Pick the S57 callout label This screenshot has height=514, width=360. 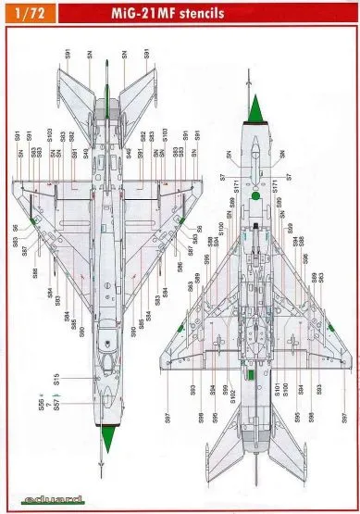pos(56,405)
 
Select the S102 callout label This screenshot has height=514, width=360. pos(233,394)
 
